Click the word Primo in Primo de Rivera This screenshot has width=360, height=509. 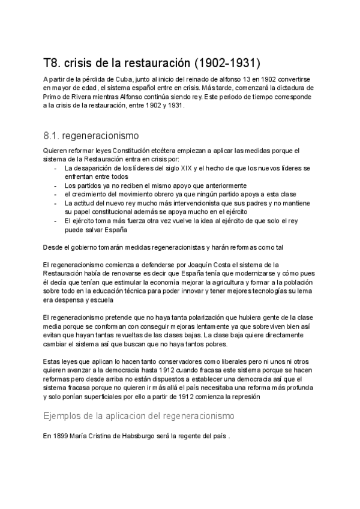pos(53,96)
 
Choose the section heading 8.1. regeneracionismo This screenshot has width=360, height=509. pos(91,135)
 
